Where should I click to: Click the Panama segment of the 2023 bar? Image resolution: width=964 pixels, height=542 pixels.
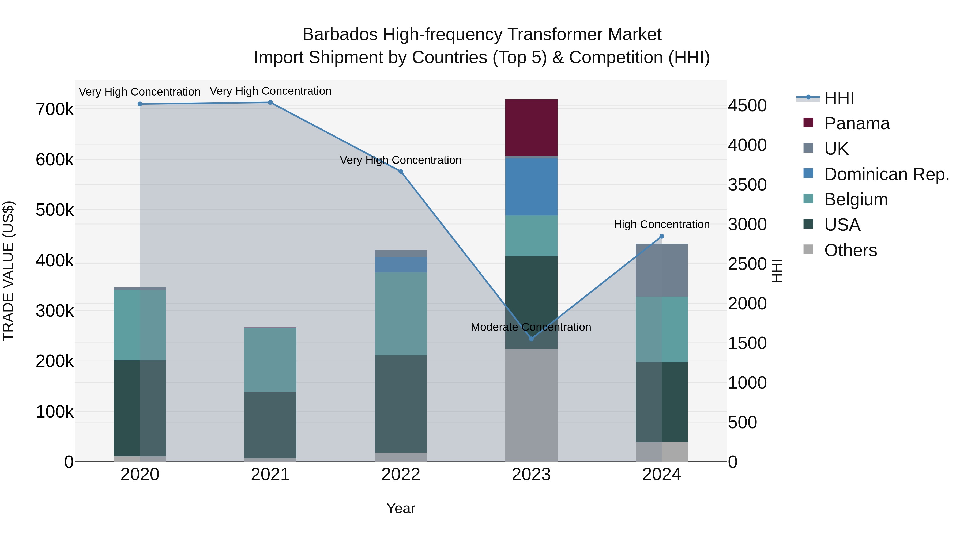point(531,127)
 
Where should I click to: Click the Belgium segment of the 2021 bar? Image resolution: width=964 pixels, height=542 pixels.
point(270,359)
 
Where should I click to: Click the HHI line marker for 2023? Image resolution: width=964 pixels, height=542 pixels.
point(531,339)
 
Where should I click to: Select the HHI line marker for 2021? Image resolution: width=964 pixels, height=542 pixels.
point(270,103)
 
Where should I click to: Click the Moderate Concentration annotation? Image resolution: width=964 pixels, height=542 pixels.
point(531,327)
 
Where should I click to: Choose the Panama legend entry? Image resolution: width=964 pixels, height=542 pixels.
point(857,123)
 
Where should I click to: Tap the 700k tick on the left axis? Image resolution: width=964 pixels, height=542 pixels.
point(55,109)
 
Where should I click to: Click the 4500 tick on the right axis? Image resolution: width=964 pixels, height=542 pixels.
point(747,106)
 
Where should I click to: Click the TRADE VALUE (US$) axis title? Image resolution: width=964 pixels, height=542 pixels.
point(8,271)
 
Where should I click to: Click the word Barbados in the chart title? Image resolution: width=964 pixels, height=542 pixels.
point(340,35)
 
